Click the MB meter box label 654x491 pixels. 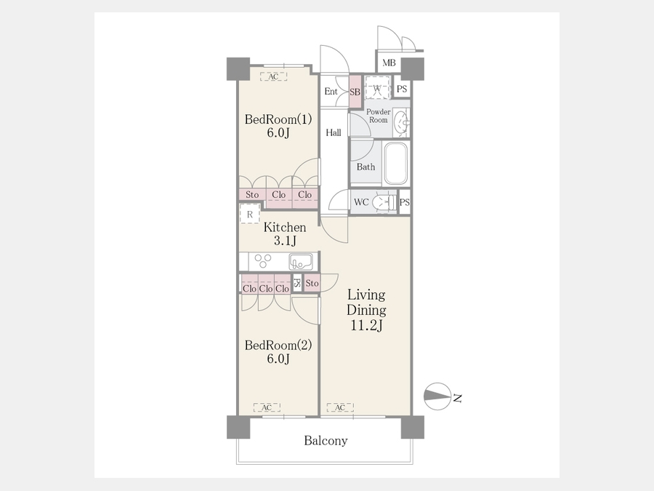[389, 63]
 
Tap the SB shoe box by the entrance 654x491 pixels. [355, 92]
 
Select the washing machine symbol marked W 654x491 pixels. [377, 87]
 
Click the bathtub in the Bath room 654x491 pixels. [395, 163]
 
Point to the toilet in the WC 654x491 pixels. [383, 202]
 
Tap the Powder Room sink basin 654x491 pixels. [402, 123]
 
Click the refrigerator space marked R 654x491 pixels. [250, 214]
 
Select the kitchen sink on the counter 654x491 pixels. [300, 262]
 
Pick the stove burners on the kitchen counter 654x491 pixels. [263, 261]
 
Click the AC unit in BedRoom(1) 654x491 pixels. [273, 77]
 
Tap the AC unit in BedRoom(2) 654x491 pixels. [267, 407]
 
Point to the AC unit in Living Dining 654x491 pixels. [340, 407]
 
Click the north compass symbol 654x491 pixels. [437, 396]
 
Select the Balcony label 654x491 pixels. [326, 441]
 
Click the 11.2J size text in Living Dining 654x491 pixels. [366, 325]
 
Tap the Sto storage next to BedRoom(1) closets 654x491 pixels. [252, 194]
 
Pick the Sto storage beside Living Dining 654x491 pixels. [312, 283]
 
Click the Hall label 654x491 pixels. [334, 133]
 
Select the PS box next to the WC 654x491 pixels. [405, 202]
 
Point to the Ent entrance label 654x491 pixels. [331, 92]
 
